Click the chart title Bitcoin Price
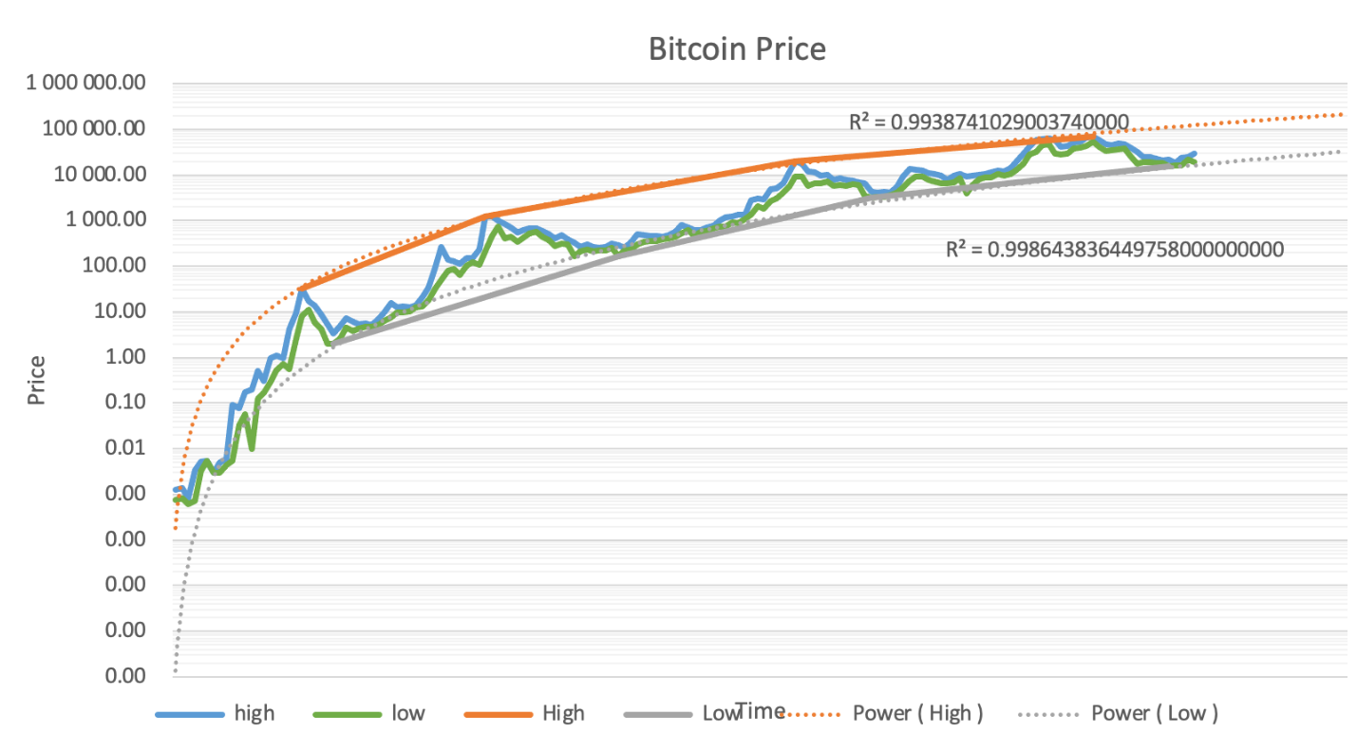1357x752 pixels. coord(737,48)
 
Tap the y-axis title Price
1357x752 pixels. coord(37,380)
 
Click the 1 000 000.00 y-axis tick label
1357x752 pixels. coord(86,84)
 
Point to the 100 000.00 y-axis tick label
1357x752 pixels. coord(94,129)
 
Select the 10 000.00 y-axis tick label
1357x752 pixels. coord(99,175)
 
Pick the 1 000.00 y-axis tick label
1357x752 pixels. coord(104,220)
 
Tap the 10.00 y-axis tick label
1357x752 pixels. coord(119,311)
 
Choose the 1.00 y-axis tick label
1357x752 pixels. coord(124,357)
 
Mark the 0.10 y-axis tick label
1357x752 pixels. coord(124,403)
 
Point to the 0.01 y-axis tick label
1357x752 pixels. coord(124,448)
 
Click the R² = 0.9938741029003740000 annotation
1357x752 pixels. coord(989,122)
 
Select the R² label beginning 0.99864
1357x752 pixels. coord(1115,250)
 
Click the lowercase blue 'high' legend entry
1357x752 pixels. coord(254,713)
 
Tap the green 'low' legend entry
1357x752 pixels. coord(408,713)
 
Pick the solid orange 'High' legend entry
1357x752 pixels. coord(562,713)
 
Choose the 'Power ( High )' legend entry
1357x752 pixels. coord(917,713)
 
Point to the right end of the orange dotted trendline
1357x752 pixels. coord(1343,115)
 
